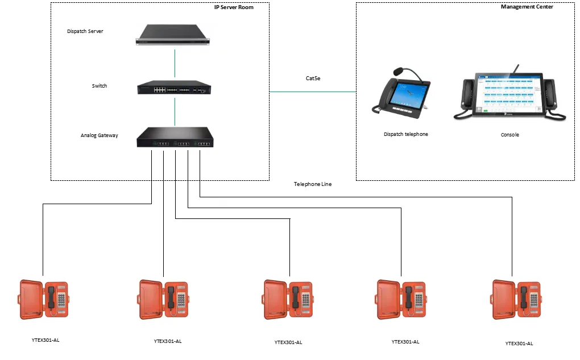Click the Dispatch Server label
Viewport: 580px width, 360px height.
point(85,31)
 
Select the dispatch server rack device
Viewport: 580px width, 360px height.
point(173,34)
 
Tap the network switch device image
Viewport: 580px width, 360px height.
point(174,87)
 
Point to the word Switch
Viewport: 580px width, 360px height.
point(100,86)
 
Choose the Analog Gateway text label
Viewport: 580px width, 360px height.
point(100,135)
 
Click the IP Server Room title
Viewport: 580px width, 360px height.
point(230,7)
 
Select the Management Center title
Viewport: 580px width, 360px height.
point(527,7)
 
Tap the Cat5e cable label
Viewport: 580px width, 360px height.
point(313,78)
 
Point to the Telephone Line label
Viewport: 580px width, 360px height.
point(312,184)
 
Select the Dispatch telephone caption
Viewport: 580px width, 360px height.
point(405,134)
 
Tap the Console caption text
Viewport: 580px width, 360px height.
point(509,135)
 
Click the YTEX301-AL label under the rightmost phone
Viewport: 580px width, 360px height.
point(519,343)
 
